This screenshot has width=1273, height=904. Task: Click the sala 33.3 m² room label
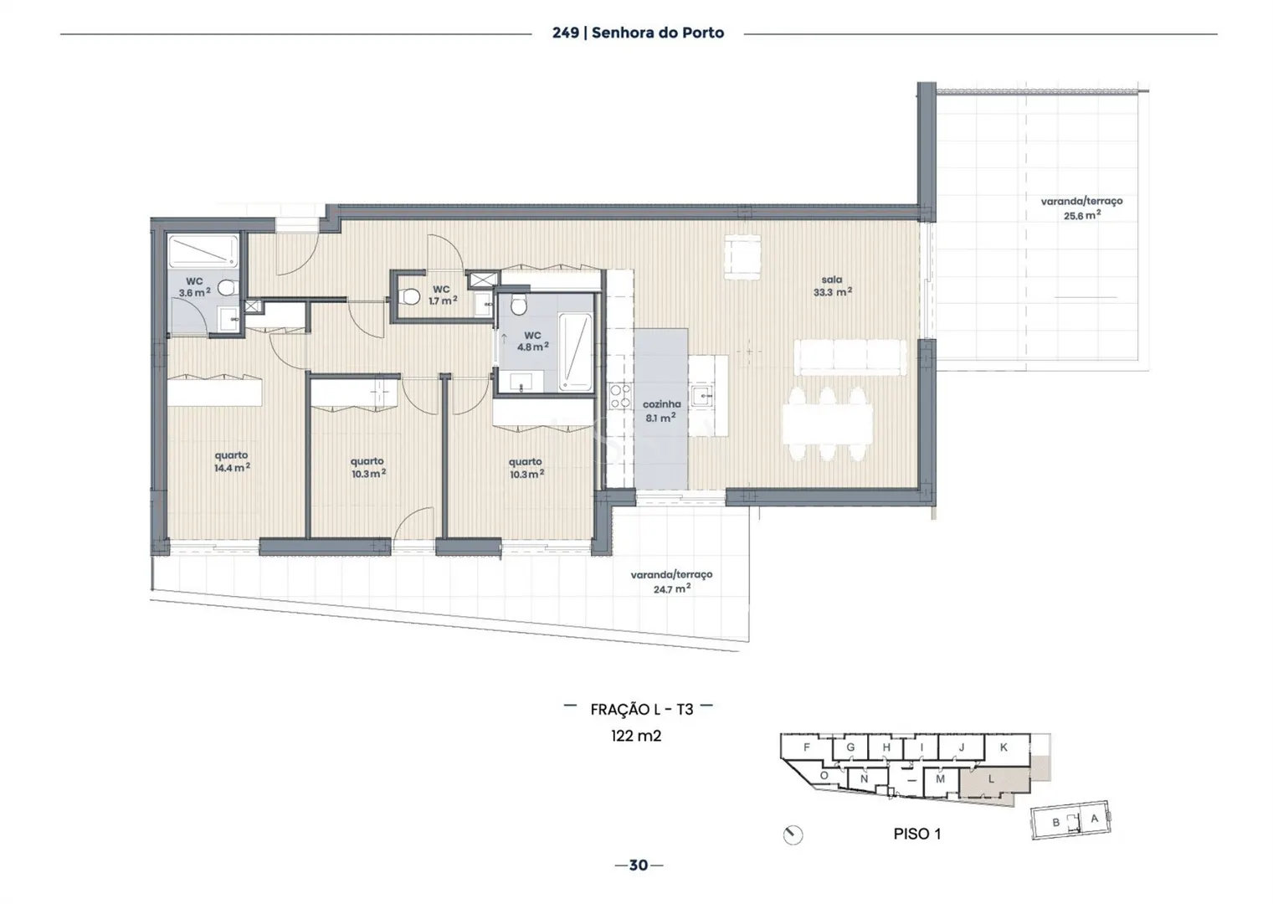point(833,285)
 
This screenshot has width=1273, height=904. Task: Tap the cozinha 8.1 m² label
point(661,411)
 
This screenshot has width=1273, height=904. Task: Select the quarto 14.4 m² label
point(231,461)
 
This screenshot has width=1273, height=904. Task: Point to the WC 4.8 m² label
point(532,342)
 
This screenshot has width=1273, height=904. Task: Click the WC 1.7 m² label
point(442,295)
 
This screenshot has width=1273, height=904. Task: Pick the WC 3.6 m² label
point(194,287)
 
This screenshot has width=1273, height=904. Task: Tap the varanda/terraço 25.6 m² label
point(1081,208)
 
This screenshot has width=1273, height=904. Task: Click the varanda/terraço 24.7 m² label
point(671,582)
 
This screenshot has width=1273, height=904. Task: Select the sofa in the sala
point(850,357)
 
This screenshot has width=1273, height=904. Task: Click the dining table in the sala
point(827,424)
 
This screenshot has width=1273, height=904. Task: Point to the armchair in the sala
point(742,257)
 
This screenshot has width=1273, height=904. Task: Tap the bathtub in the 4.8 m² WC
point(576,352)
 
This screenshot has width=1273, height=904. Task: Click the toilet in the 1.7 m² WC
point(409,296)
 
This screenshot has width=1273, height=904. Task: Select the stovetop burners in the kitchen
point(619,395)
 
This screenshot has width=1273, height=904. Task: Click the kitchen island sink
point(703,394)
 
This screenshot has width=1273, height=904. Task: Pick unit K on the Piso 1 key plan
point(1004,747)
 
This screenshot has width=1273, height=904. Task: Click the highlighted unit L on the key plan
point(992,779)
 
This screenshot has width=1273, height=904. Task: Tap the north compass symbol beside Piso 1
point(793,835)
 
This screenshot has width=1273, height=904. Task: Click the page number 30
point(639,865)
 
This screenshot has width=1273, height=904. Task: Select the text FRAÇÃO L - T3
point(642,710)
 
